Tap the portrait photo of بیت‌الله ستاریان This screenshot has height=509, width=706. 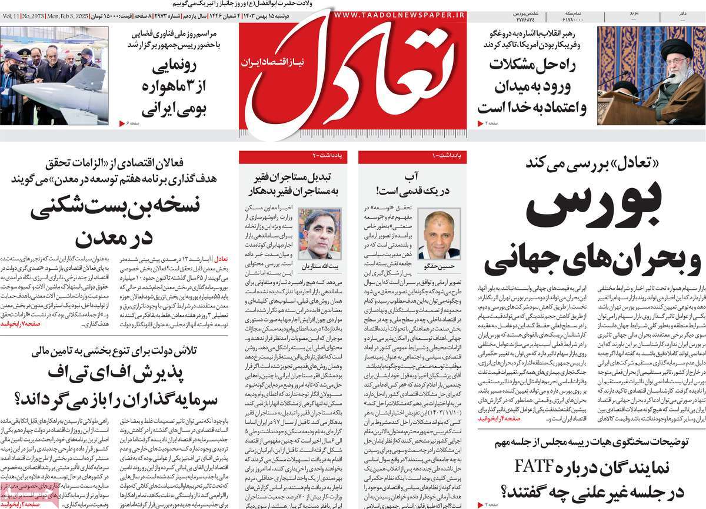[319, 229]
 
